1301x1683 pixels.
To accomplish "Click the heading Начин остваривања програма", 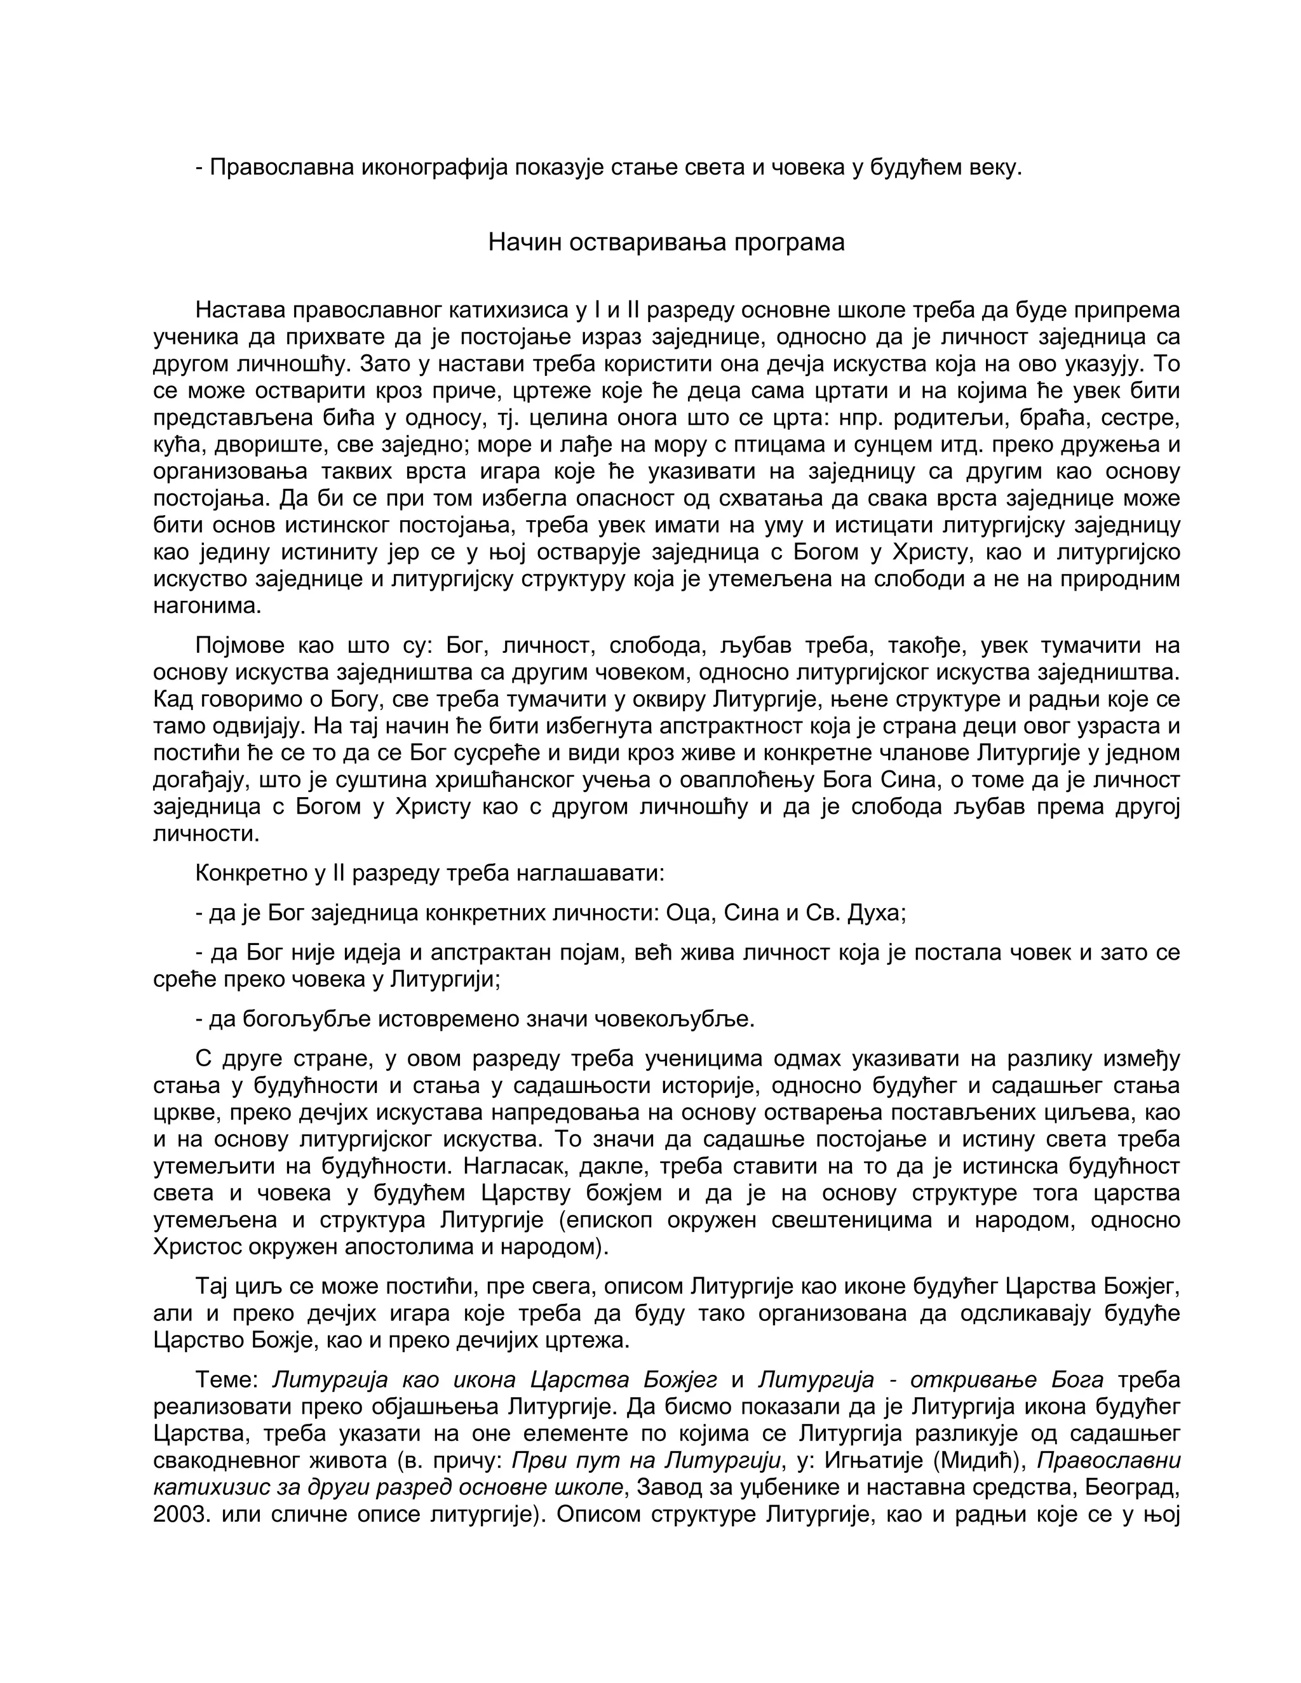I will (666, 243).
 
